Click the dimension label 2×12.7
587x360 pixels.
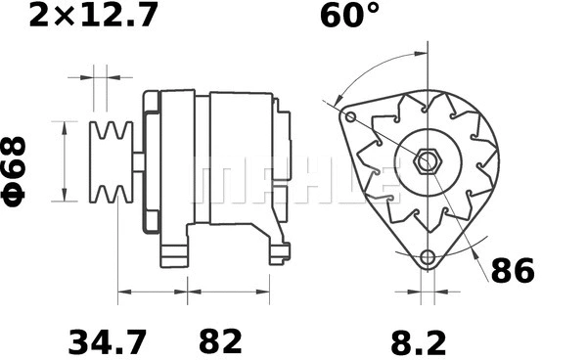[93, 16]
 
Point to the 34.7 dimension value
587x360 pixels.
[108, 342]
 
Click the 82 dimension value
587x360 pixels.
[220, 342]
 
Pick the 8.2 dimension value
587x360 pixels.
[419, 342]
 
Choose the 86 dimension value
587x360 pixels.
[513, 271]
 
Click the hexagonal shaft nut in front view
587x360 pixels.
[428, 161]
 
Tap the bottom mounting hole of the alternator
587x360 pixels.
[428, 258]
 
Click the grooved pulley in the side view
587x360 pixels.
[112, 162]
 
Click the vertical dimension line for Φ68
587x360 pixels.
[65, 161]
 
